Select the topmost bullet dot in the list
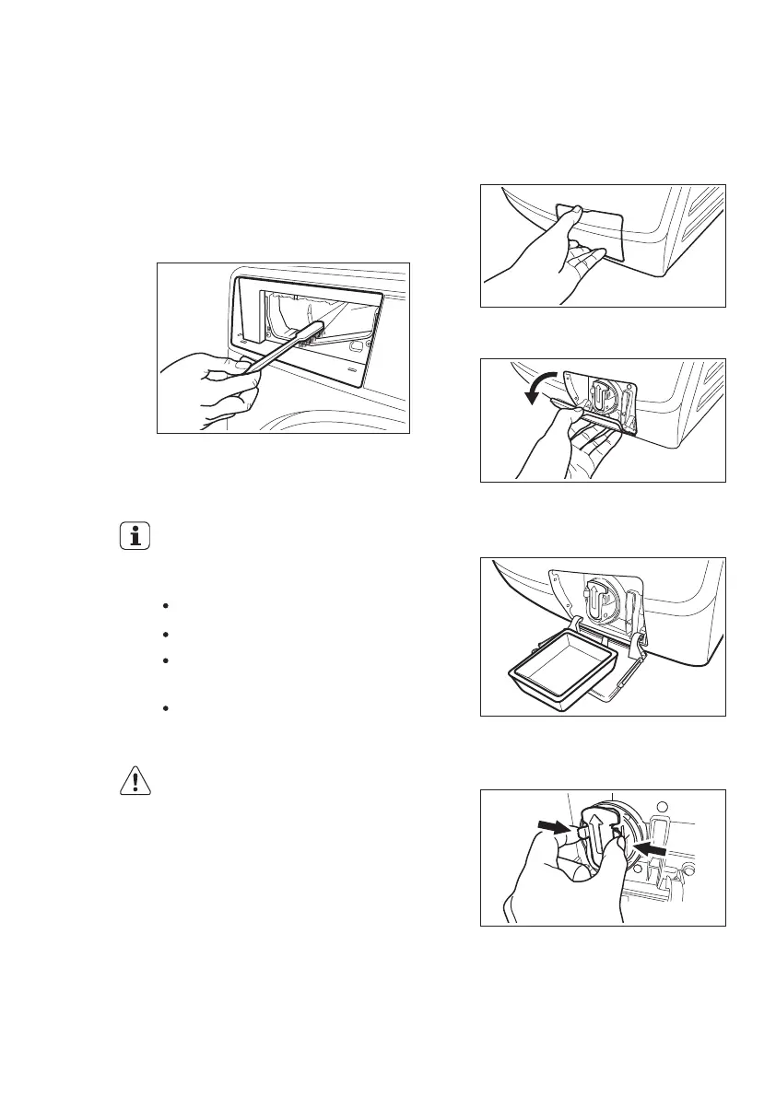(164, 606)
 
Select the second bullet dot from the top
(164, 634)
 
